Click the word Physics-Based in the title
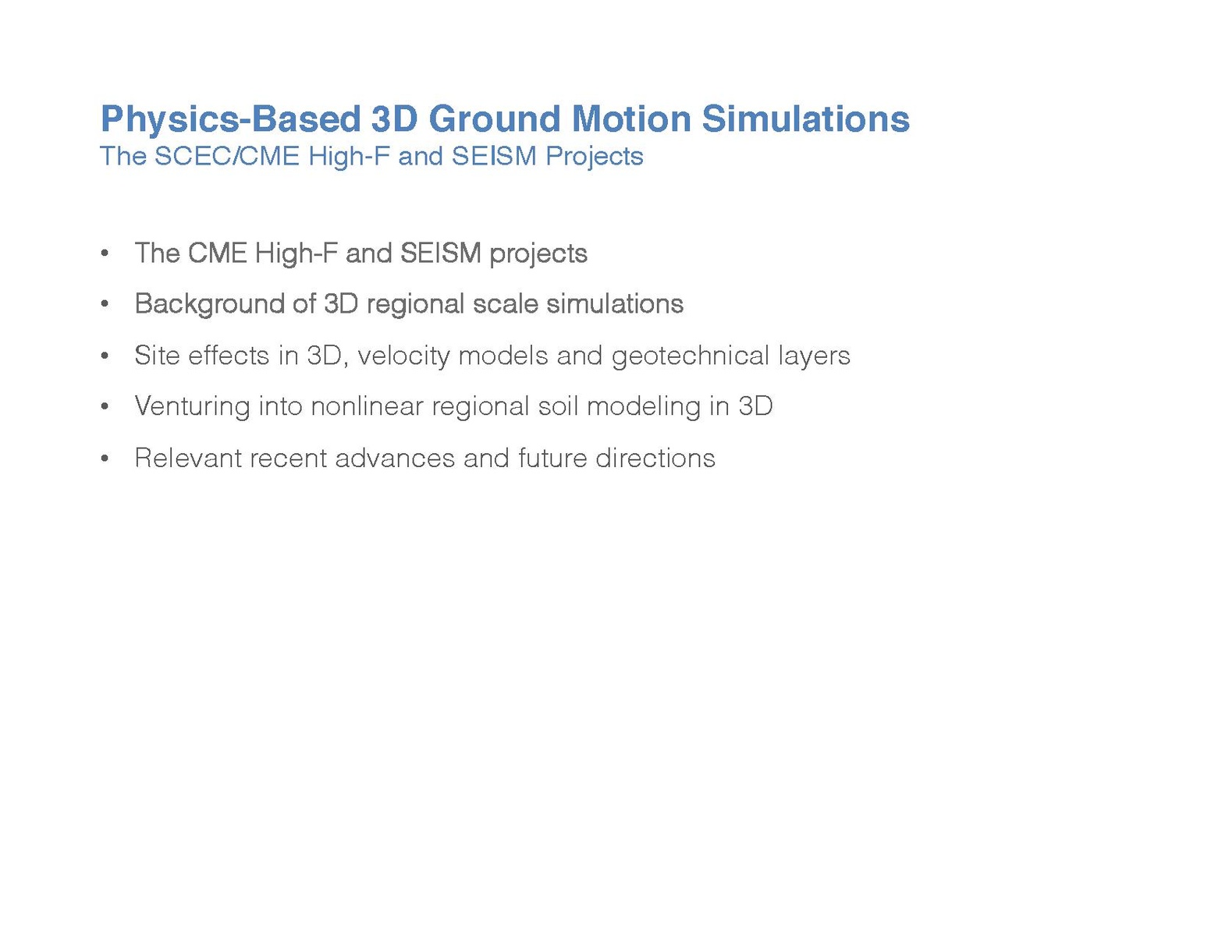231,120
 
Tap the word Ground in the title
495,119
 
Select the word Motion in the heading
631,119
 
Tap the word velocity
403,356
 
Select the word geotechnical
691,356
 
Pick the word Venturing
192,407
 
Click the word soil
559,406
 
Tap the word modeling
644,407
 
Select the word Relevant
188,459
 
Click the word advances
395,459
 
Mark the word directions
655,459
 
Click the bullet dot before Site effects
105,356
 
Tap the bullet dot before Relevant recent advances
105,459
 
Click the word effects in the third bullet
229,356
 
